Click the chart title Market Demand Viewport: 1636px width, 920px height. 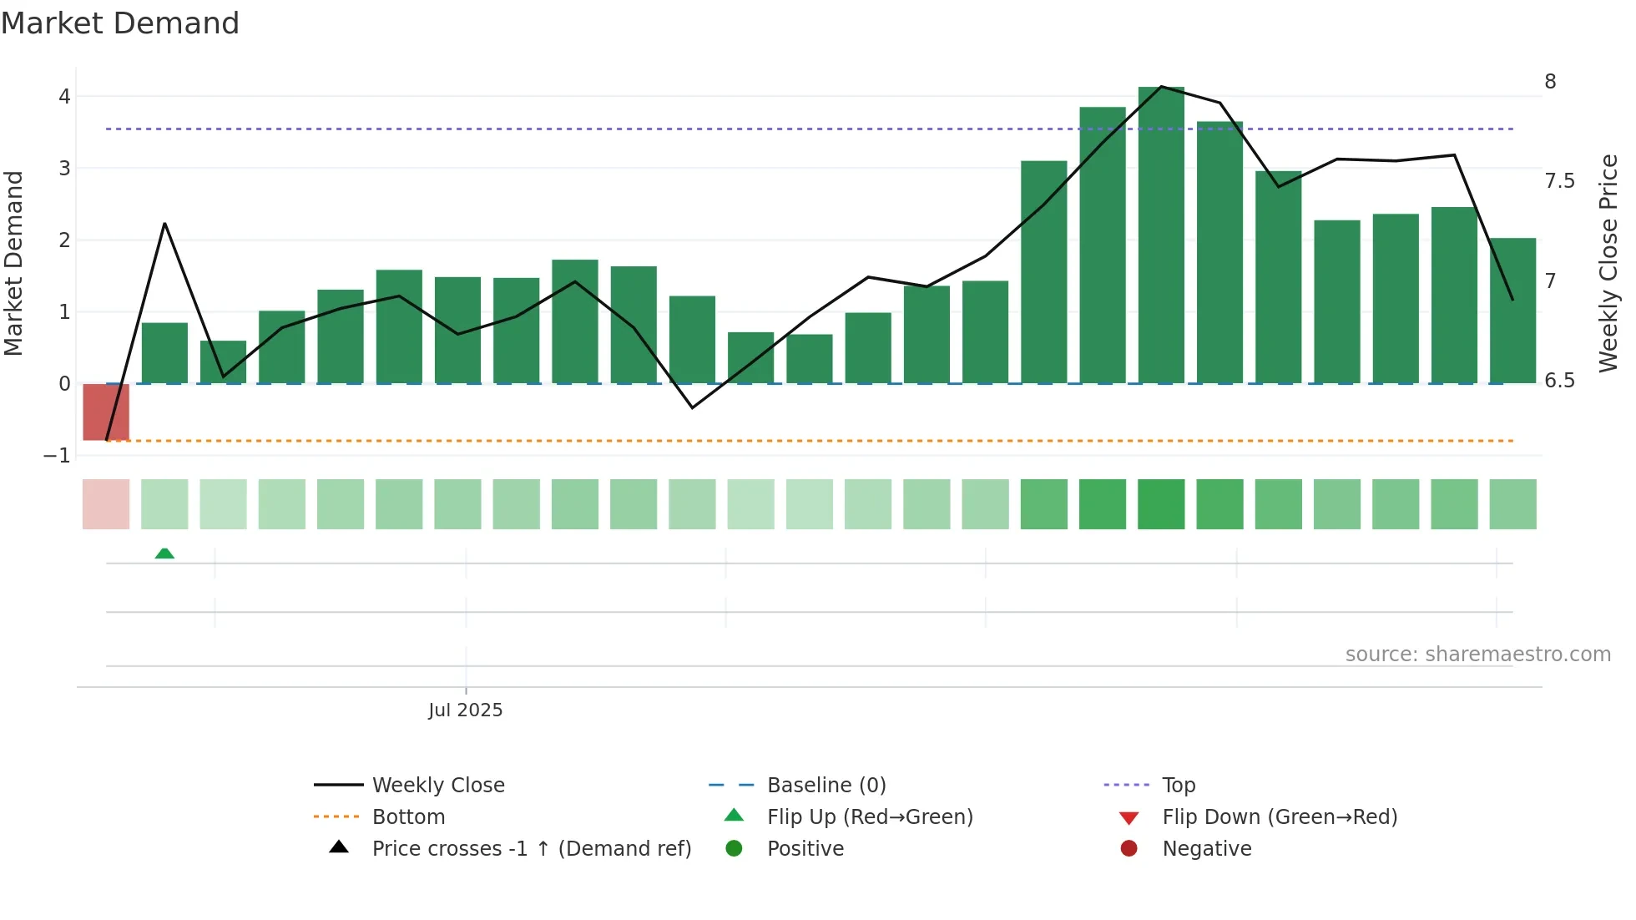pos(120,23)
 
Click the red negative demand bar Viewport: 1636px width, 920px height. pos(106,412)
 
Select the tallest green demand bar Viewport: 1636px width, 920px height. pos(1161,235)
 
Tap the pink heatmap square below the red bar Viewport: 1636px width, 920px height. pos(106,504)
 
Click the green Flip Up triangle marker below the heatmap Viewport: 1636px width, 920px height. pos(164,554)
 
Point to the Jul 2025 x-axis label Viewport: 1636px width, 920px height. pos(465,710)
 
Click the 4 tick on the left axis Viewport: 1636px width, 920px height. pos(64,97)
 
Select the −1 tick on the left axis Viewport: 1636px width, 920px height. pos(57,456)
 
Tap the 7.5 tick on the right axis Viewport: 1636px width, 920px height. pos(1559,181)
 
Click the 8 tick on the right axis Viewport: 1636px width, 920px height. pos(1550,82)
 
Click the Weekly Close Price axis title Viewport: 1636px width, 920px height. pos(1608,263)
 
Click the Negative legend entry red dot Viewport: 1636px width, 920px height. pos(1129,849)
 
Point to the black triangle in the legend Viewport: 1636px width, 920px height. pos(339,847)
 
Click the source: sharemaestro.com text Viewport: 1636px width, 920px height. pos(1477,655)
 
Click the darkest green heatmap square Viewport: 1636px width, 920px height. pos(1161,504)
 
